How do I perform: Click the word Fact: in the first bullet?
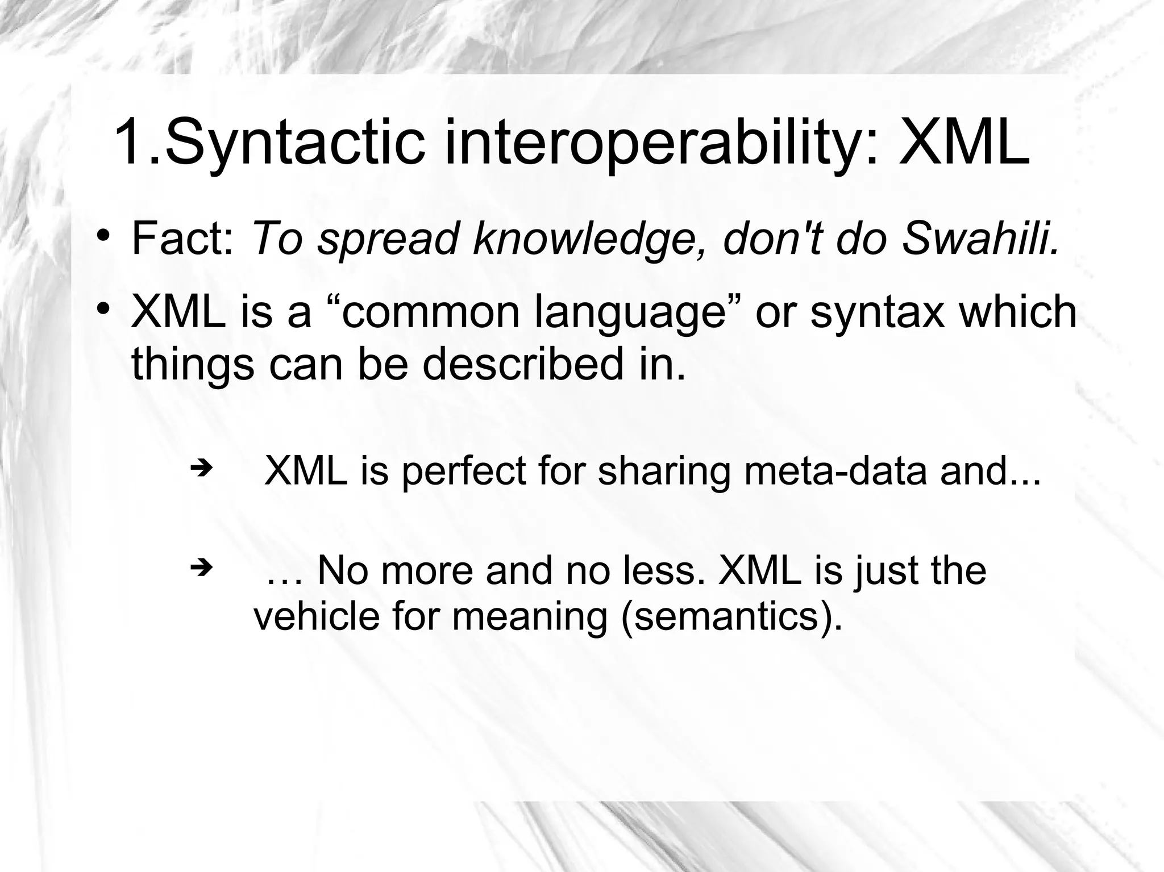[x=182, y=239]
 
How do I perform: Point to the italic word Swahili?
[x=980, y=239]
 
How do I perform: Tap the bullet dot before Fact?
[x=102, y=235]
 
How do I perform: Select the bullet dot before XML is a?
[x=102, y=308]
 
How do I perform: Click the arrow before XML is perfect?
[x=200, y=469]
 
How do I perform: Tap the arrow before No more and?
[x=200, y=566]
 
